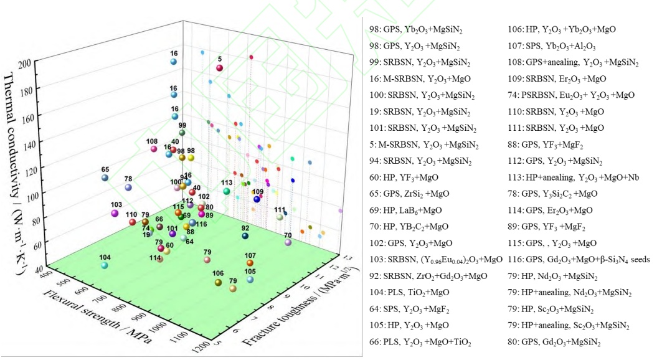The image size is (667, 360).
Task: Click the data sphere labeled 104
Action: pyautogui.click(x=105, y=265)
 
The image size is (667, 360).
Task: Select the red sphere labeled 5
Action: pyautogui.click(x=219, y=68)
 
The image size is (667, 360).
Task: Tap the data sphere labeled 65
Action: pyautogui.click(x=105, y=178)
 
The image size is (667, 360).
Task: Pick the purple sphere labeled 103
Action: pyautogui.click(x=115, y=213)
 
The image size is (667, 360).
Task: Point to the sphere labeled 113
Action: pyautogui.click(x=227, y=191)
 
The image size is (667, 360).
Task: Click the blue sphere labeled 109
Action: pyautogui.click(x=257, y=199)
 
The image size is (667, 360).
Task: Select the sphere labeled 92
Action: pyautogui.click(x=245, y=236)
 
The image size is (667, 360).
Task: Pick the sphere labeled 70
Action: pyautogui.click(x=288, y=242)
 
